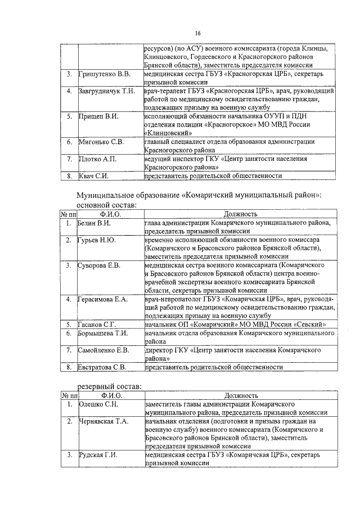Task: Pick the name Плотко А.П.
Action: point(97,159)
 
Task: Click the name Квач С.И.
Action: point(93,176)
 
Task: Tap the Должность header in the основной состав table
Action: point(240,214)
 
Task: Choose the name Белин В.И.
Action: point(94,223)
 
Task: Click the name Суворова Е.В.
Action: point(99,265)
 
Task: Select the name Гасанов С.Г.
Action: point(97,325)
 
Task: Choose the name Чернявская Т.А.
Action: point(103,421)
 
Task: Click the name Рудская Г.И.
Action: point(98,454)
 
